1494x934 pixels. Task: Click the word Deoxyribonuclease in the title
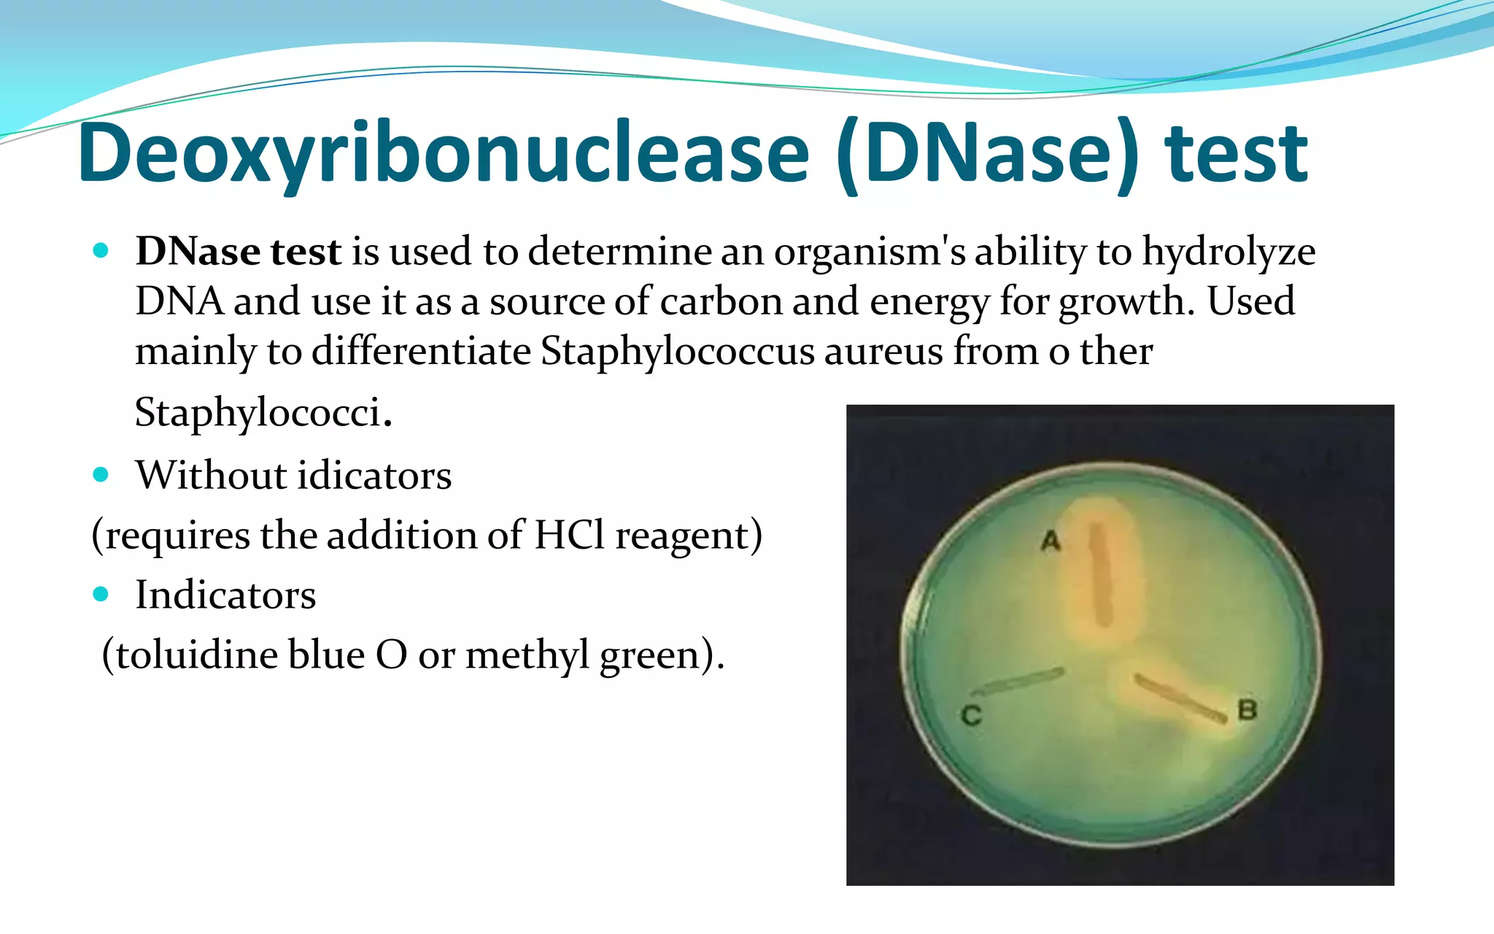444,155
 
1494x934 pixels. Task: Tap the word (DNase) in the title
987,155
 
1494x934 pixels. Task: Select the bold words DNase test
238,252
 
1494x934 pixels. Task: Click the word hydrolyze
1228,252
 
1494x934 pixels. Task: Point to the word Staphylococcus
677,352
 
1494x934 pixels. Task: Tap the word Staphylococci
258,412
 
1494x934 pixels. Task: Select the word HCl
569,536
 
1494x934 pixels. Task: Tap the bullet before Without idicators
101,475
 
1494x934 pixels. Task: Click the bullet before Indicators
101,594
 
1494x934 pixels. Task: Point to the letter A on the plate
1050,541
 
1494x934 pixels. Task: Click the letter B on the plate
1247,709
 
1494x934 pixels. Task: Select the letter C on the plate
971,715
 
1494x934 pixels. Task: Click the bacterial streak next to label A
1101,575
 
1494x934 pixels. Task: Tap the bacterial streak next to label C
1018,682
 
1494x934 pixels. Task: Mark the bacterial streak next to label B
1180,699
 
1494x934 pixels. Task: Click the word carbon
721,302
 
